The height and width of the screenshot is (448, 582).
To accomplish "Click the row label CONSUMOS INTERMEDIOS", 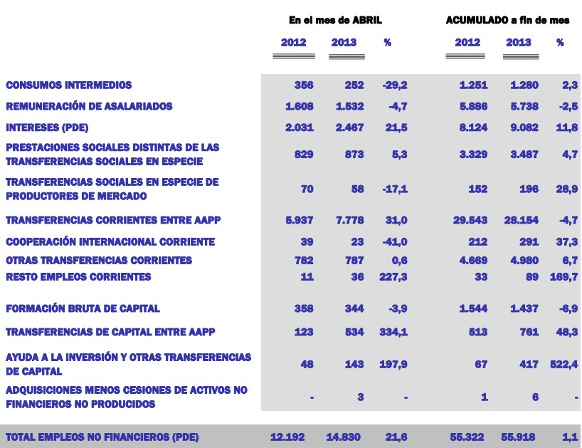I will [69, 85].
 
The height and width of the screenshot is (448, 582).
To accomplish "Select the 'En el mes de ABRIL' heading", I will [330, 20].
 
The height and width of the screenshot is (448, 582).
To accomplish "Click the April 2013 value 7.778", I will [349, 221].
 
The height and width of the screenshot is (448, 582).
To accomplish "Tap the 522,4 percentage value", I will [564, 365].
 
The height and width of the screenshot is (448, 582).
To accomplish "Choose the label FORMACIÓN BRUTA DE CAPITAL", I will [83, 309].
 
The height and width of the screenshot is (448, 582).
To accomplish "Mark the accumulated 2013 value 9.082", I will [523, 127].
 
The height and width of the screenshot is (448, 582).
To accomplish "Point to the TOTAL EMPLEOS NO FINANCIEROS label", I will [102, 437].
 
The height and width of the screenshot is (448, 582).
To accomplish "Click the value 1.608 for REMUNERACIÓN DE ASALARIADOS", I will [299, 107].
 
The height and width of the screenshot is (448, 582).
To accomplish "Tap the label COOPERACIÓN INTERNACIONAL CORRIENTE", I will [110, 242].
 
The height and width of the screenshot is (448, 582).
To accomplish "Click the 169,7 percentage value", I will [564, 277].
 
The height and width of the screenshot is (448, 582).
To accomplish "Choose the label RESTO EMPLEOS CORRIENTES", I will [78, 277].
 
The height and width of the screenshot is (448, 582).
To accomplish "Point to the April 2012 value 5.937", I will [299, 221].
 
